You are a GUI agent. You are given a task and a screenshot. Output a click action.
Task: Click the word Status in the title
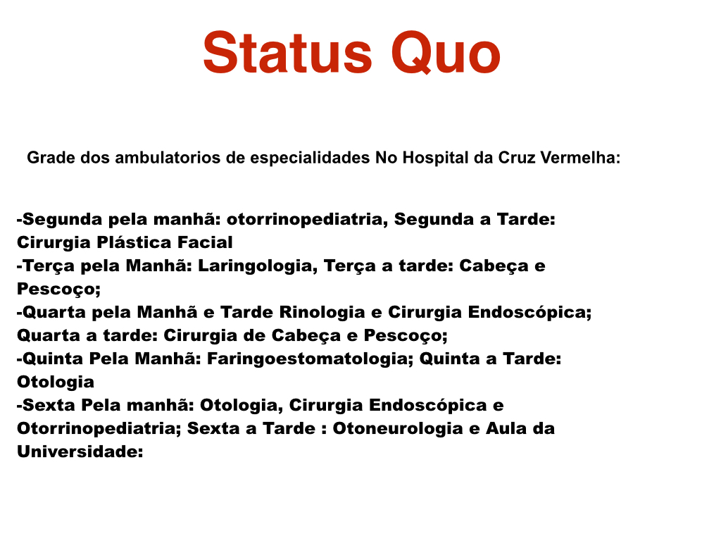(287, 53)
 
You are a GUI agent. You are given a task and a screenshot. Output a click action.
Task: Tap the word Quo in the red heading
(446, 53)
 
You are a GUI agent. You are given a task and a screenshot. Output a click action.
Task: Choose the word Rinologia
(322, 312)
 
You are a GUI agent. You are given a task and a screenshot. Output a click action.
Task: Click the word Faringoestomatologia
(308, 359)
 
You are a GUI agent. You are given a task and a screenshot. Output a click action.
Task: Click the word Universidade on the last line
(77, 452)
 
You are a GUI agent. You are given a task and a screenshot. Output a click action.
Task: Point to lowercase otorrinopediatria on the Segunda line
(304, 220)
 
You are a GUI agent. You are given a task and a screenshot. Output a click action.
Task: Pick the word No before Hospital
(387, 158)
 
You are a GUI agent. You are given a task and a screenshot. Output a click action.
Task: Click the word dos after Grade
(95, 158)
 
